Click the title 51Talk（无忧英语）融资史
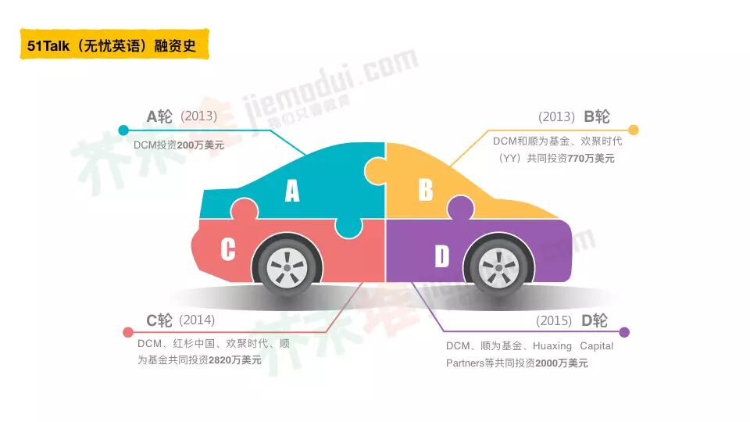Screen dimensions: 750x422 click(114, 45)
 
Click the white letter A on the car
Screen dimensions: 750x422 click(291, 191)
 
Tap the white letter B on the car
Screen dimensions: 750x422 click(425, 190)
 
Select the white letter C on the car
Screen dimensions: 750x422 click(227, 249)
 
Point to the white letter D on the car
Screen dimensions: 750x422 click(442, 256)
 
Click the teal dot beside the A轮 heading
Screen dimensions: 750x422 click(123, 130)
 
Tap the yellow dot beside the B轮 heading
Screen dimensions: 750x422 click(634, 130)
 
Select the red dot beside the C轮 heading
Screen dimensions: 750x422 click(128, 332)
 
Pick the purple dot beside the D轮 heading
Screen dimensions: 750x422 click(623, 332)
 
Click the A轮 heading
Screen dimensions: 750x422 click(159, 116)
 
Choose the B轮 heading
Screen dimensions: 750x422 click(597, 116)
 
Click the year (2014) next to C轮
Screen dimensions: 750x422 click(197, 320)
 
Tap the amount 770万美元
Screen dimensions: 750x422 click(591, 158)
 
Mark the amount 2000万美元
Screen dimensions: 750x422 click(562, 363)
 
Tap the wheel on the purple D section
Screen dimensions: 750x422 click(495, 266)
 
